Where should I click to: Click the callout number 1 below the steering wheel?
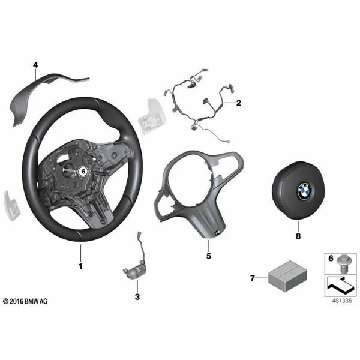80,266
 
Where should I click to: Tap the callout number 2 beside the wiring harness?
239,103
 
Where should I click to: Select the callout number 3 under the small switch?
137,297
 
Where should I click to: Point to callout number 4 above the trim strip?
35,65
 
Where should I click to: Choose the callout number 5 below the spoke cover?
208,256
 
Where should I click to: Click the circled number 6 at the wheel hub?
83,172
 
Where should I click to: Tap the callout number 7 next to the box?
253,278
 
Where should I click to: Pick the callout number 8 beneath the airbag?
298,236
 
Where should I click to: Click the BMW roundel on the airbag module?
304,191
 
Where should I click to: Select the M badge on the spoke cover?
217,233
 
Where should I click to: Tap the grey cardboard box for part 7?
287,276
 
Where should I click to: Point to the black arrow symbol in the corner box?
340,286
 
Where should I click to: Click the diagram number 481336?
341,301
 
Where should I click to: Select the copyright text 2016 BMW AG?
25,301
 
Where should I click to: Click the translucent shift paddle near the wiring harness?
152,116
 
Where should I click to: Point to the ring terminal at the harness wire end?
228,142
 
